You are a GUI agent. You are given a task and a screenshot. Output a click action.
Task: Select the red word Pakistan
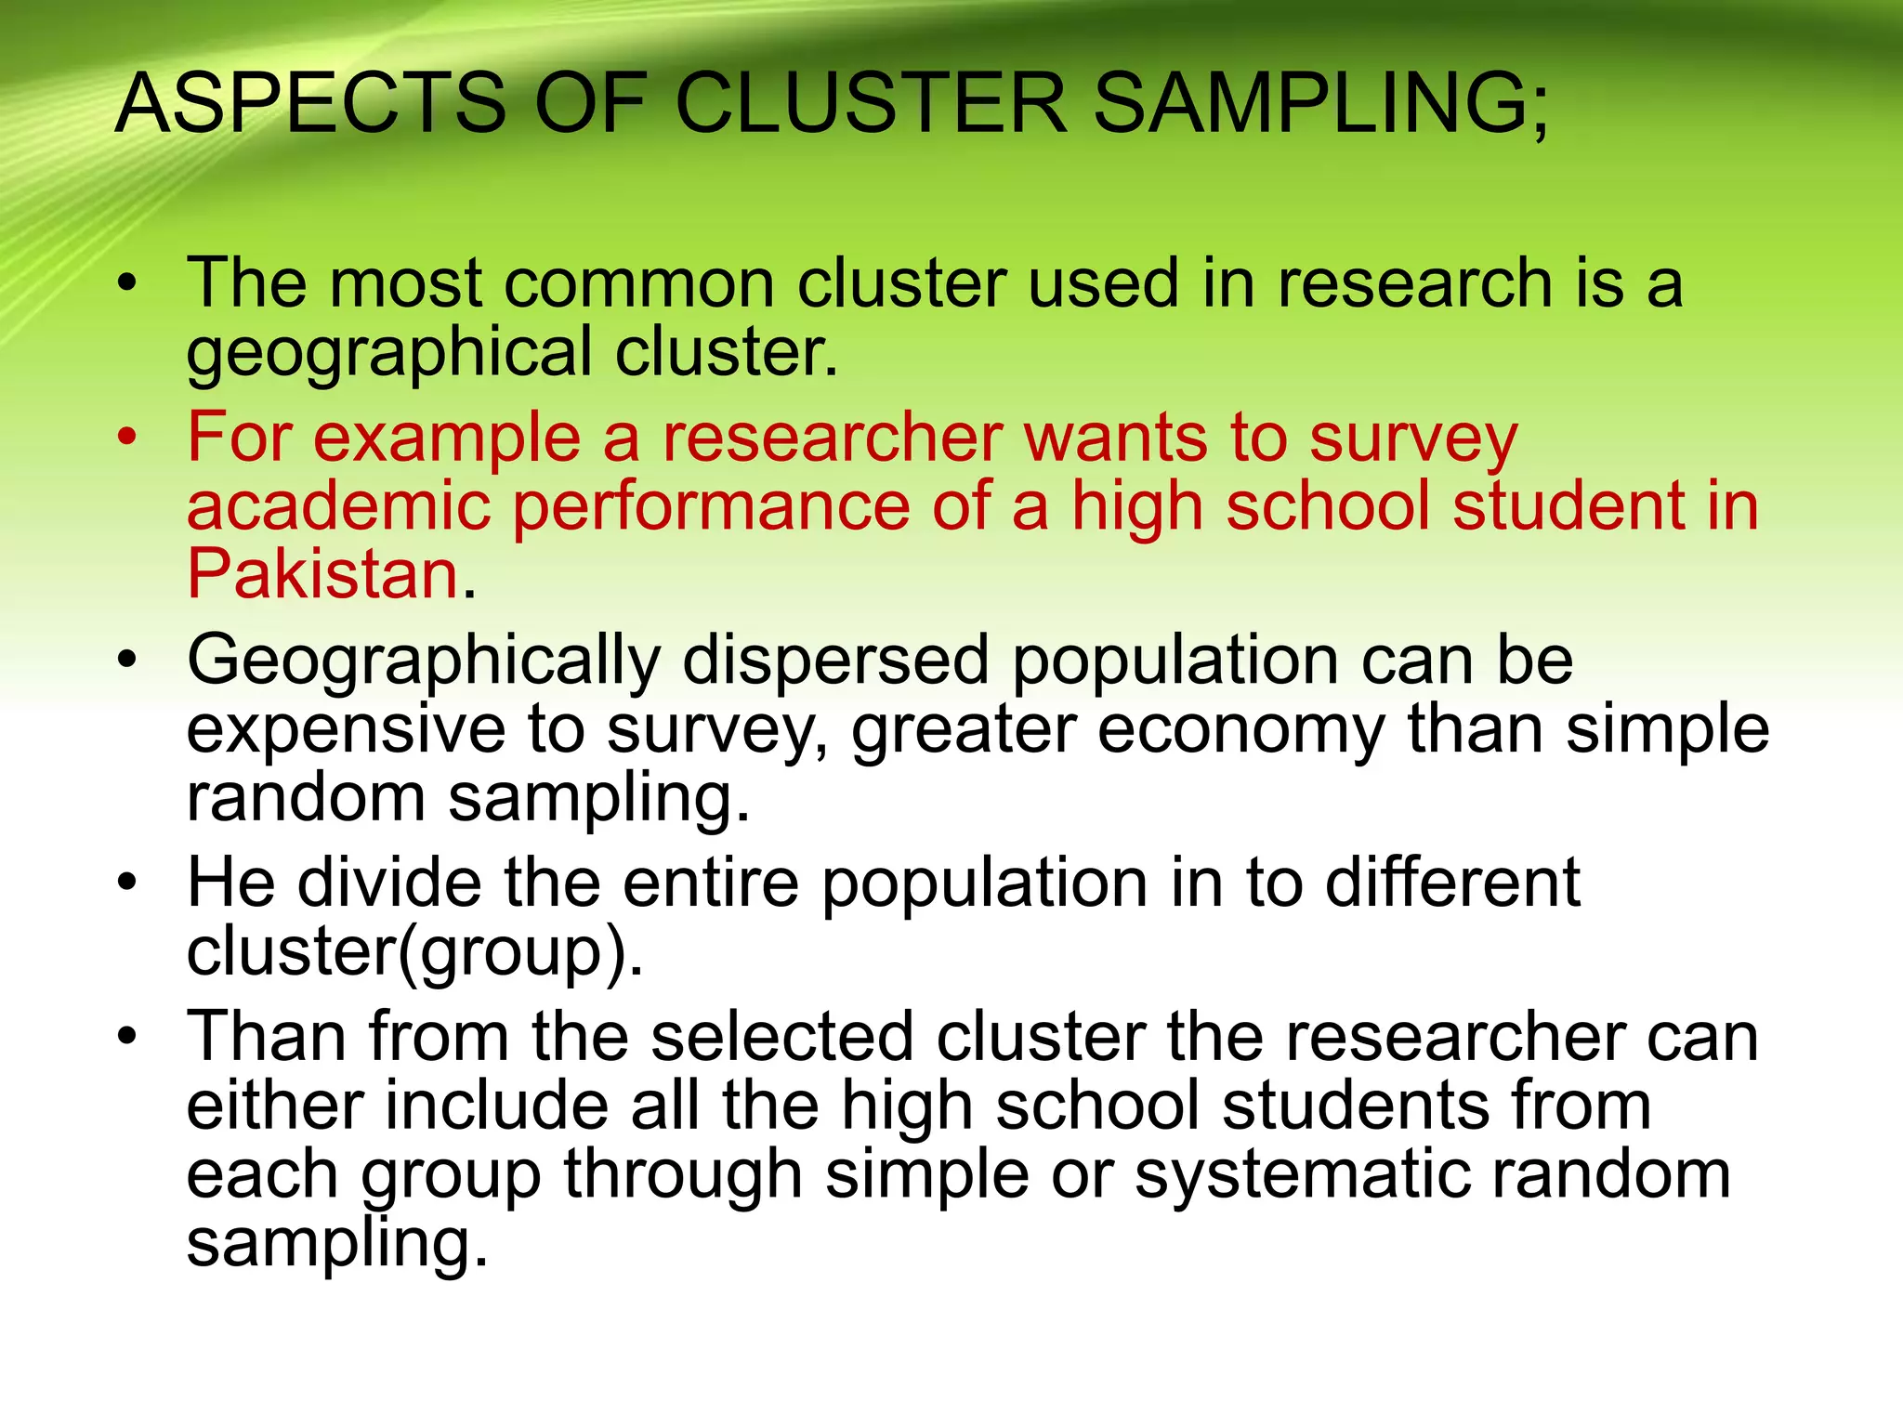click(x=323, y=573)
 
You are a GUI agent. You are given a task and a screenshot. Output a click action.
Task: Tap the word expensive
click(x=346, y=729)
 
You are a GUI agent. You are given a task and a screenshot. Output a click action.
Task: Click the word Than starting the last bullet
click(x=267, y=1036)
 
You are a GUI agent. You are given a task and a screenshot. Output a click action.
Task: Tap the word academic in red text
click(x=338, y=506)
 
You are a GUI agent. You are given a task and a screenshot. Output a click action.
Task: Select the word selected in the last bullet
click(x=782, y=1036)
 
